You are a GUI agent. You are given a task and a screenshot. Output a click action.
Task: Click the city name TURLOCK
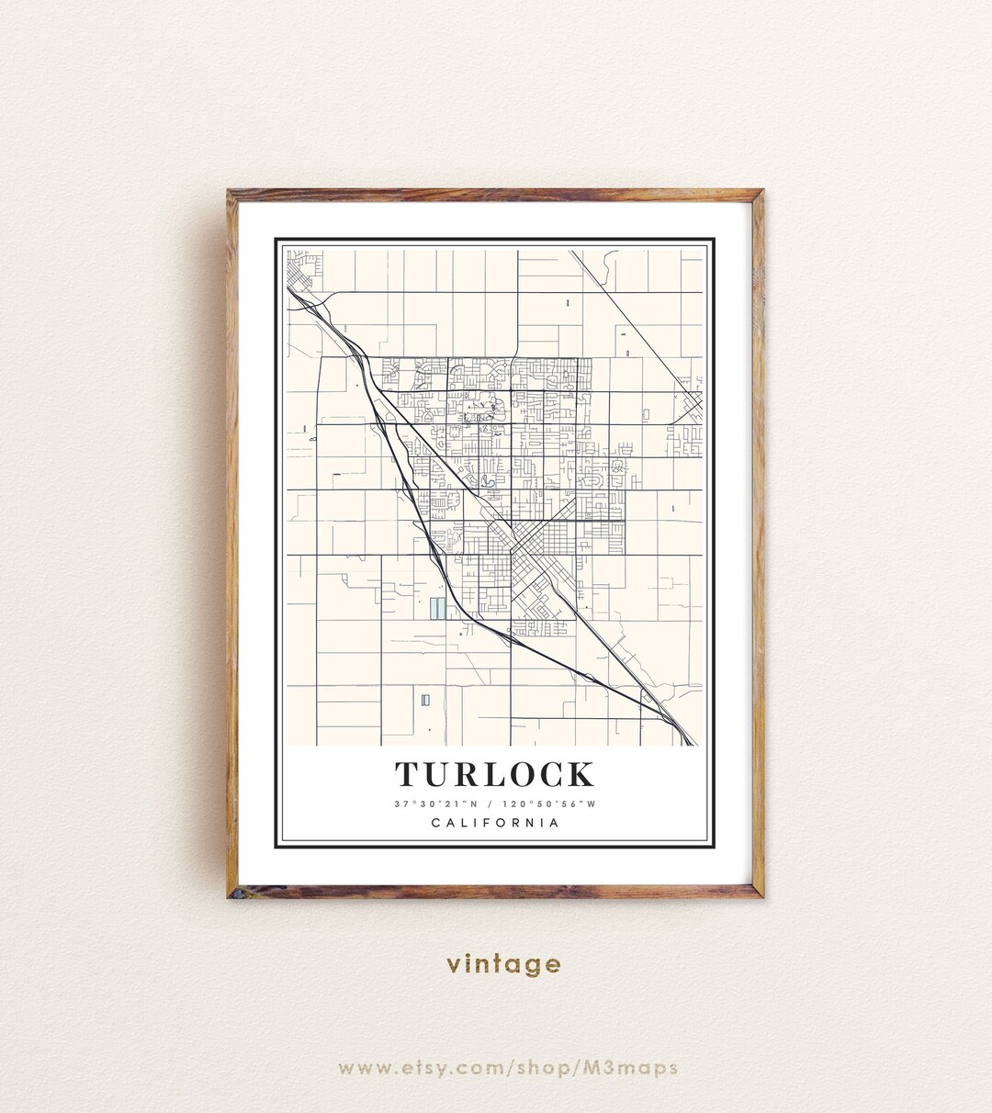495,774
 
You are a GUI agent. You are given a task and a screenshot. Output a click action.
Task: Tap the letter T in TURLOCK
407,775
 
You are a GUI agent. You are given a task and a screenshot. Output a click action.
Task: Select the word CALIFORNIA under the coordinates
495,823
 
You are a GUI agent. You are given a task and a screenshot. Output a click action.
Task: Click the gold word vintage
503,963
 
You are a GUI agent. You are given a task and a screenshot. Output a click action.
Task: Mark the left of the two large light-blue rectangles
433,608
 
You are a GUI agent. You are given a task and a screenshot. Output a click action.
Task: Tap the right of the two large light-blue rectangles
442,608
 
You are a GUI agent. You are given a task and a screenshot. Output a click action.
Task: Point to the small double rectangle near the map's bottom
424,701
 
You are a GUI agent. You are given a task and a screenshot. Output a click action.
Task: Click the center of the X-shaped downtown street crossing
516,550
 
